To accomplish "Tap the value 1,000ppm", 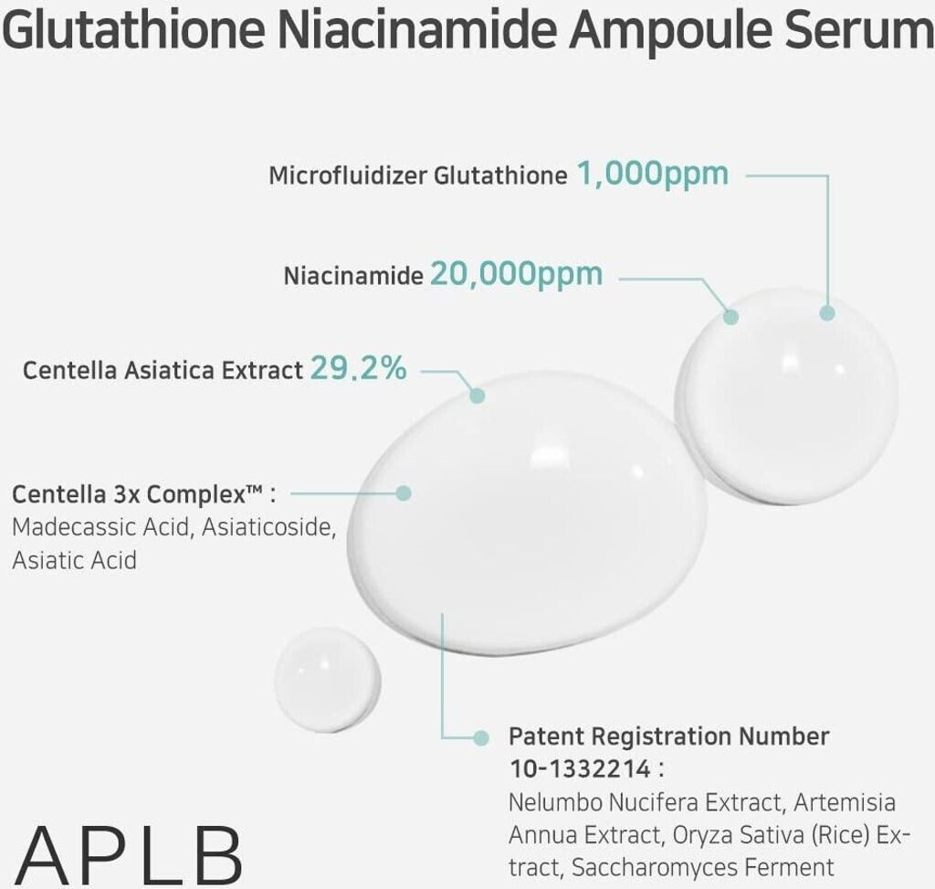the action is point(653,174).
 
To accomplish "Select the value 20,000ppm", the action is point(516,273).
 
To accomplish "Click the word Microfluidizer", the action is point(348,175).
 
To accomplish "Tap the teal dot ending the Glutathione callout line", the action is point(827,312).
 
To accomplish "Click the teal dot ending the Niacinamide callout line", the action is point(730,316).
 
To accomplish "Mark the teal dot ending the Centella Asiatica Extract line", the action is point(477,395).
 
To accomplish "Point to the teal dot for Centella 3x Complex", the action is point(404,492).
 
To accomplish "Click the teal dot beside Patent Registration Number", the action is point(482,736).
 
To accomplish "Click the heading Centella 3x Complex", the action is point(137,494).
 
